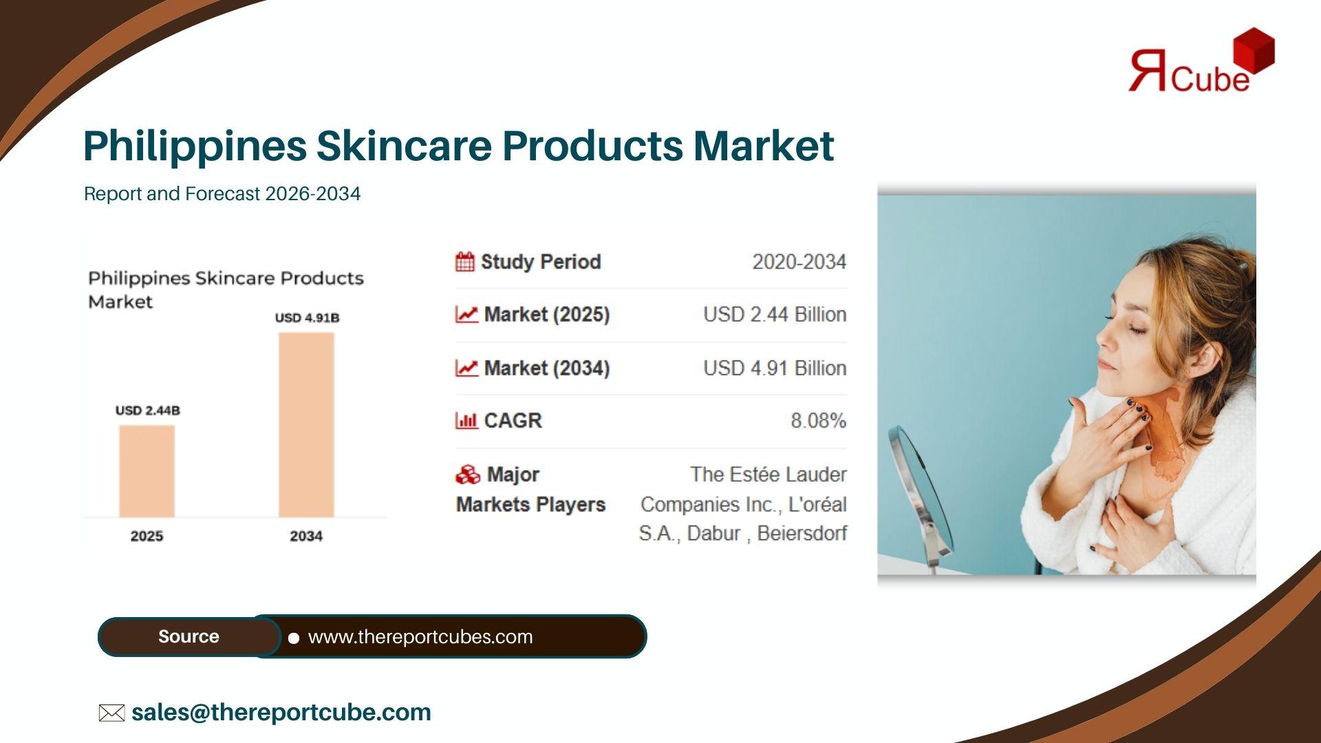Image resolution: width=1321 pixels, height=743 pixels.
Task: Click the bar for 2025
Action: [147, 471]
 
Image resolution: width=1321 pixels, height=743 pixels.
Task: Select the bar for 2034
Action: [306, 424]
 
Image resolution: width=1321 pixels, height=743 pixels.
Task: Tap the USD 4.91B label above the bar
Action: [307, 317]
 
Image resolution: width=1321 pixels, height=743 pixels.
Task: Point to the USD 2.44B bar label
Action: [147, 410]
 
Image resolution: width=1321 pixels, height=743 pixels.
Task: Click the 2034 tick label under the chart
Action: [306, 536]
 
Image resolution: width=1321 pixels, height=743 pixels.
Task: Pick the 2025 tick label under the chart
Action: [147, 536]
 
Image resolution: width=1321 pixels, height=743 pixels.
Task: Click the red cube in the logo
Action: [1254, 50]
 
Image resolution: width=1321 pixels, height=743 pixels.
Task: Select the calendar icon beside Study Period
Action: [465, 262]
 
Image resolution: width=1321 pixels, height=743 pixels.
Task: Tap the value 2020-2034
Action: [799, 262]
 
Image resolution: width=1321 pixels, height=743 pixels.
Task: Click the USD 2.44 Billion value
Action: [775, 314]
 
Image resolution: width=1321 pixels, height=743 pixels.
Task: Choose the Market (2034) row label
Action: [547, 368]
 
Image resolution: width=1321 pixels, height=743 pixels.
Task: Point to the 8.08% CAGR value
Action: [818, 420]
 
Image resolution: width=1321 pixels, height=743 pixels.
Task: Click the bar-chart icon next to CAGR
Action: [466, 420]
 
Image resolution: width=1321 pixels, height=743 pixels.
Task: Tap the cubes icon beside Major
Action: [468, 475]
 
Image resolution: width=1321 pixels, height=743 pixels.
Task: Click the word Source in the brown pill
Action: [189, 636]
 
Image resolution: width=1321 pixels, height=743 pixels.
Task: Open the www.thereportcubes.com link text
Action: [420, 637]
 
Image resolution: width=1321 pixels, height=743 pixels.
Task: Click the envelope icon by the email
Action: [111, 713]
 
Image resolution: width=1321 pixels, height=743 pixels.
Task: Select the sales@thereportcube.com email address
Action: [281, 712]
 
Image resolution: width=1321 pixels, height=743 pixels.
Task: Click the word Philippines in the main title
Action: [195, 147]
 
